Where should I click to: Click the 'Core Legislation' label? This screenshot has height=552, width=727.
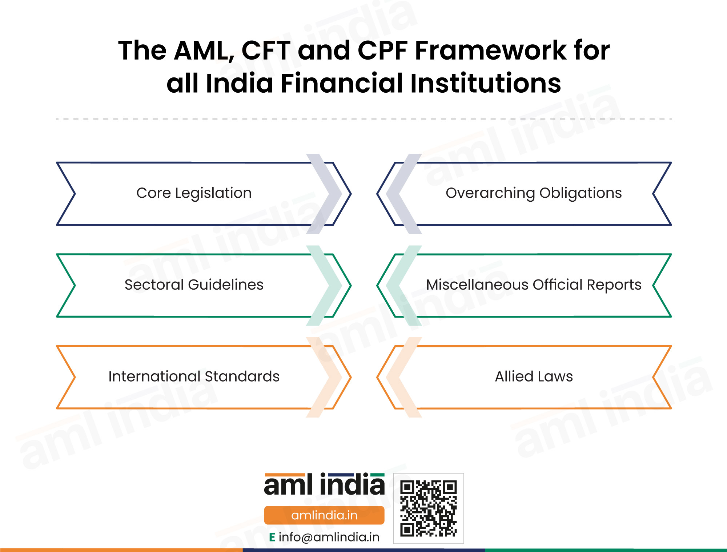coord(194,193)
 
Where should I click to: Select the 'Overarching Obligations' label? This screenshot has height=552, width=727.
coord(534,193)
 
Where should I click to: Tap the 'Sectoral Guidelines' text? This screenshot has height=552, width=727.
coord(194,285)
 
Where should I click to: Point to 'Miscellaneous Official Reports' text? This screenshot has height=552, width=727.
coord(534,285)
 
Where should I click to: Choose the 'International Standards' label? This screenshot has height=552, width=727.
coord(194,376)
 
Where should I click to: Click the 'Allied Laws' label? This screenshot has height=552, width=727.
coord(534,376)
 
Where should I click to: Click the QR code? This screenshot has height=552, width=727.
coord(429,508)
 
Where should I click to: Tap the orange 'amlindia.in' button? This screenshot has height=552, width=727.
coord(324,515)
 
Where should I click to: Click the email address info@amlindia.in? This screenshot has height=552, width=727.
coord(329,537)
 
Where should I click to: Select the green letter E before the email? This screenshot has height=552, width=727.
coord(272,537)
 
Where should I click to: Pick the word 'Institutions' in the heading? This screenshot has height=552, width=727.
coord(486,83)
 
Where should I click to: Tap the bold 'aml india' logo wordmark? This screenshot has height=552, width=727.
coord(324,484)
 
